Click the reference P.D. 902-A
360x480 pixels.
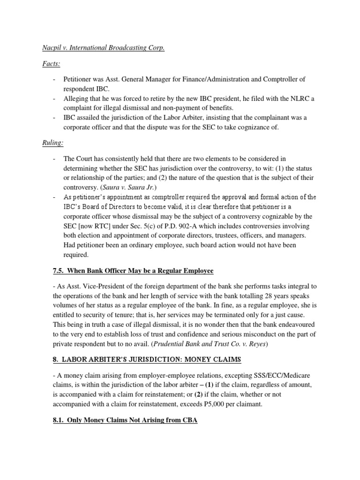pyautogui.click(x=178, y=226)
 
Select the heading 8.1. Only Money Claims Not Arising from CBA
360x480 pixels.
pyautogui.click(x=118, y=420)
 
